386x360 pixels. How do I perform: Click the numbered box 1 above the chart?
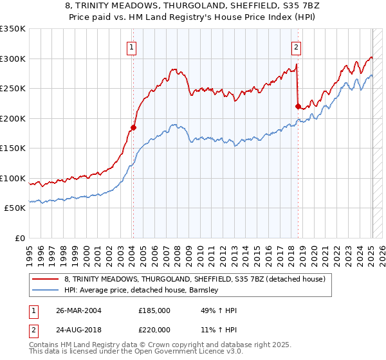(131, 46)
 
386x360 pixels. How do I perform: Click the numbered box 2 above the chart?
(296, 46)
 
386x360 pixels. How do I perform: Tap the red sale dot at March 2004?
(133, 127)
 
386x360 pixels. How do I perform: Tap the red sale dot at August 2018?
(298, 107)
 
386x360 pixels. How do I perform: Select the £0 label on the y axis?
(20, 238)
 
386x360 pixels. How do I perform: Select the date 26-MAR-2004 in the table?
(78, 310)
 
